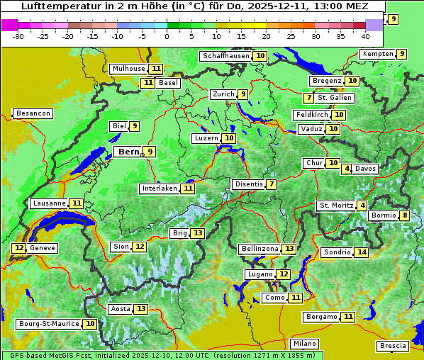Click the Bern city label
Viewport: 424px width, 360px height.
pos(128,152)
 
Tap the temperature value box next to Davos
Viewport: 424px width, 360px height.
pos(347,169)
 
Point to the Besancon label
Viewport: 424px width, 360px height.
pos(33,113)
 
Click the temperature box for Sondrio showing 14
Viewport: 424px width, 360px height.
pos(362,252)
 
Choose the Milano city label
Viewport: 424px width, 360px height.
pos(306,343)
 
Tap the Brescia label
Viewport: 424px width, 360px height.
pos(393,345)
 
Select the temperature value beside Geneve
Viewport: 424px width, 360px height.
pos(18,248)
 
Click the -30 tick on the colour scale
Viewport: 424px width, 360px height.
pos(18,35)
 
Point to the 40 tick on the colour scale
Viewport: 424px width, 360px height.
pos(365,35)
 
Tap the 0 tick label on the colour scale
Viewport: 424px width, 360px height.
pos(167,35)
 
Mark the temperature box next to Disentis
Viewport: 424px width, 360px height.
pos(272,184)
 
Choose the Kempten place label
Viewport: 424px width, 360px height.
pos(376,54)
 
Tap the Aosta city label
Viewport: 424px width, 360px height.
pos(120,309)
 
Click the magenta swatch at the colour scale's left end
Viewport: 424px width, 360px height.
pos(9,24)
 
